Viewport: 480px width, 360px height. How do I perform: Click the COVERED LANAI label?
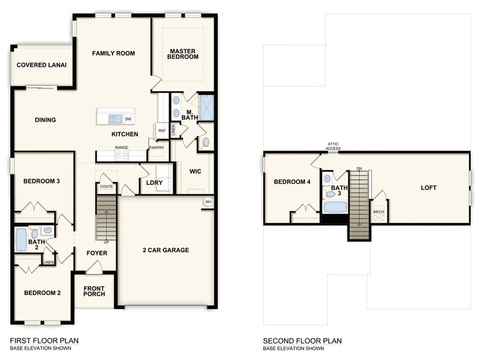tap(42, 65)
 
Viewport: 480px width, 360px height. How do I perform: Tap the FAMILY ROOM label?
tap(113, 53)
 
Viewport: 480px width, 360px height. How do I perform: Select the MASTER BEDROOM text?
tap(184, 54)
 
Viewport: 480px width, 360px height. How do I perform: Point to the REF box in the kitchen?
tap(162, 130)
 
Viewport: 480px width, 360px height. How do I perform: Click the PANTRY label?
tap(157, 148)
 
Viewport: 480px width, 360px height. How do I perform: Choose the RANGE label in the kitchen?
tap(121, 148)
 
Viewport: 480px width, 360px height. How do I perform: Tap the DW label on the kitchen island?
tap(129, 119)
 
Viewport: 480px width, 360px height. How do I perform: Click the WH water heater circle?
tap(208, 202)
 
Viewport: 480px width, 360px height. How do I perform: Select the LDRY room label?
tap(154, 182)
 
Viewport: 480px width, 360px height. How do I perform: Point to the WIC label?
tap(195, 171)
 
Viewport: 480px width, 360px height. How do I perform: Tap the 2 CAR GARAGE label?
tap(166, 250)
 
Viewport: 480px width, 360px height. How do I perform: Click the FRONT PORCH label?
tap(94, 291)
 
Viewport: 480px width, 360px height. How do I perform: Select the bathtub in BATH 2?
tap(21, 239)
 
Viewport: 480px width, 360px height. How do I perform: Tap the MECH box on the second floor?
tap(379, 212)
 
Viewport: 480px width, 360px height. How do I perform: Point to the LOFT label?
tap(429, 187)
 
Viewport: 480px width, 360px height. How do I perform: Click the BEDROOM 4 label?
tap(291, 182)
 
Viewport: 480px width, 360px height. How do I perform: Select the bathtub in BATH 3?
tap(335, 207)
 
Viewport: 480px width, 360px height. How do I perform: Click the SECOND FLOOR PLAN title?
tap(302, 340)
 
